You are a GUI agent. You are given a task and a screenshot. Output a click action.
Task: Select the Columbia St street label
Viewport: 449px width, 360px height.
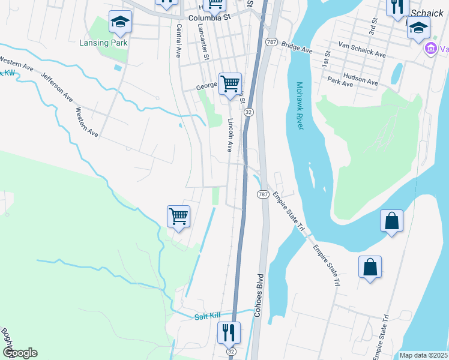pyautogui.click(x=209, y=18)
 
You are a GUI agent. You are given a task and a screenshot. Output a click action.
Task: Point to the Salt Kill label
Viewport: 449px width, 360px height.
pyautogui.click(x=208, y=316)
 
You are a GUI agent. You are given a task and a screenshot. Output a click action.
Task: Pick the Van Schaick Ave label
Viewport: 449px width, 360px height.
pyautogui.click(x=362, y=53)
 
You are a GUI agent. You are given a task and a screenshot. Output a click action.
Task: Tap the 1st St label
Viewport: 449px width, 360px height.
pyautogui.click(x=327, y=58)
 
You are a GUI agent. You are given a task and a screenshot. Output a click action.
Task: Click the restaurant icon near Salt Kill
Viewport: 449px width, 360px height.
pyautogui.click(x=229, y=331)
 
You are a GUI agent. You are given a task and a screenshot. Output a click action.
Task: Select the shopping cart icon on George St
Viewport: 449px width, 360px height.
pyautogui.click(x=230, y=83)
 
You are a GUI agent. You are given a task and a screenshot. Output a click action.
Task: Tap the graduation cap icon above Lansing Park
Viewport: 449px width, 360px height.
pyautogui.click(x=120, y=22)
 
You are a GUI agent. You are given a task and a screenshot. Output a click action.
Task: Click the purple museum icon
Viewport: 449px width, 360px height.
pyautogui.click(x=430, y=48)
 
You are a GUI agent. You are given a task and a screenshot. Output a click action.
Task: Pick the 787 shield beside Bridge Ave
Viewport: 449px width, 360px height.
pyautogui.click(x=271, y=42)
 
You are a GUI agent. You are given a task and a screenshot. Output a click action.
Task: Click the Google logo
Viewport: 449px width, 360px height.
pyautogui.click(x=19, y=353)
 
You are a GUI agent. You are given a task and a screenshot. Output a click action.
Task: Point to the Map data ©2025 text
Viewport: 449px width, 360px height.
pyautogui.click(x=423, y=355)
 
